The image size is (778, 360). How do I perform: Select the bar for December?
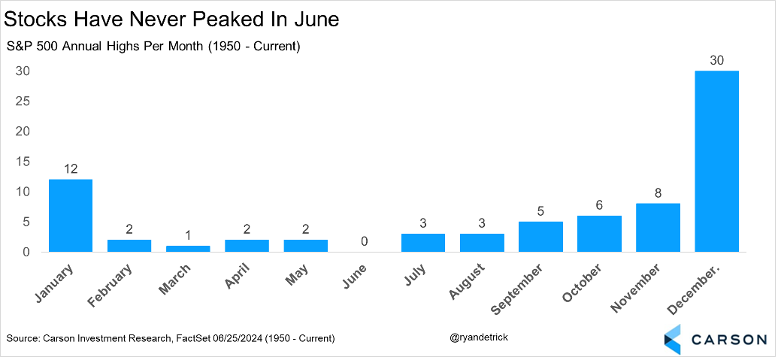[716, 162]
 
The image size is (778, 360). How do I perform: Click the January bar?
[71, 216]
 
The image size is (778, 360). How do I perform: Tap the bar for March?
[188, 249]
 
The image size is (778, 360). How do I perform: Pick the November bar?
[658, 228]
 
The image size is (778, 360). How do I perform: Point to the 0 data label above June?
[364, 241]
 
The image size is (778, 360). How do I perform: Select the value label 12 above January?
[71, 169]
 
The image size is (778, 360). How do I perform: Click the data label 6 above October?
[599, 205]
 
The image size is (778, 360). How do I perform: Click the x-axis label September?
[519, 289]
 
